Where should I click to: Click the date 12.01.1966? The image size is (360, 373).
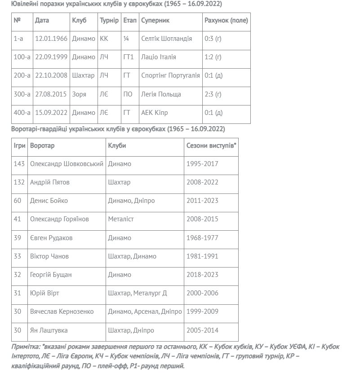point(51,39)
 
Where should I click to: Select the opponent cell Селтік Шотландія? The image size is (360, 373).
point(166,39)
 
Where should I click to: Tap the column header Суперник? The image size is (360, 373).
point(155,21)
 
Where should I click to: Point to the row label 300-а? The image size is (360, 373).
point(22,94)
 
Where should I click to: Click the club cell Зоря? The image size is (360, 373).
point(79,94)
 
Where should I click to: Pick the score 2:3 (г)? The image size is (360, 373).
point(213,94)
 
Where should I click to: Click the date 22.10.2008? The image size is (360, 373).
point(51,75)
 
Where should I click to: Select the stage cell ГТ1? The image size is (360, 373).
point(129,57)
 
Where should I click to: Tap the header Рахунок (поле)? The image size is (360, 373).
point(226,21)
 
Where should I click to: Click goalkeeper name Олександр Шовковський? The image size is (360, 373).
point(67,164)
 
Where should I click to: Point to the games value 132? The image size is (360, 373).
point(19,182)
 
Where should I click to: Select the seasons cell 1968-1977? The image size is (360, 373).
point(202,238)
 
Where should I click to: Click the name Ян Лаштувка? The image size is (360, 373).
point(49,330)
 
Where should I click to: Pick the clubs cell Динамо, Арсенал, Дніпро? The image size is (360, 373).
point(145,312)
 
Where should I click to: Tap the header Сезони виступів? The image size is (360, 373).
point(211,146)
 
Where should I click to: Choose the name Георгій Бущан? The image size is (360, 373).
point(51,275)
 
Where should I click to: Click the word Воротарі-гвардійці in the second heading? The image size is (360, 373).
point(40,129)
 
